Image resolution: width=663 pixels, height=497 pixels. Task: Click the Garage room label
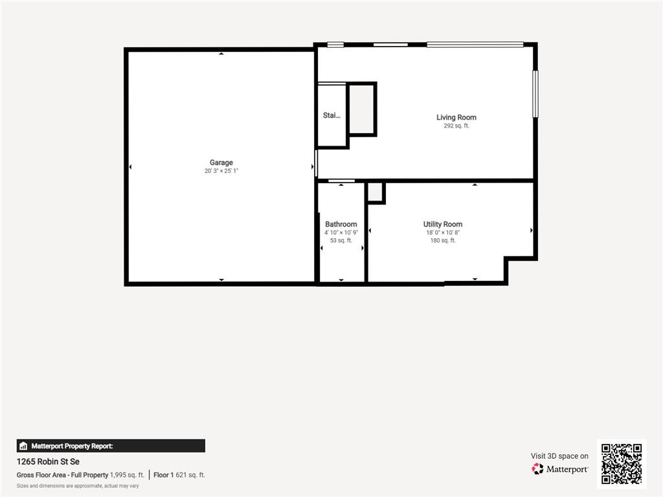(221, 162)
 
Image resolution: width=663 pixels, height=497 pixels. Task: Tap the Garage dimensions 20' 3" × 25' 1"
(221, 171)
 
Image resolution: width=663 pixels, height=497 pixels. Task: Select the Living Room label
(456, 117)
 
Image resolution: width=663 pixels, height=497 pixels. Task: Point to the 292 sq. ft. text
(456, 126)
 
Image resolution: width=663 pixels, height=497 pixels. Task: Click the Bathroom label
(341, 224)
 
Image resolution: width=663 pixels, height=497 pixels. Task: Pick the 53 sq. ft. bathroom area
(341, 240)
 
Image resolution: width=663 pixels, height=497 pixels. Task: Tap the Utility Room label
(443, 224)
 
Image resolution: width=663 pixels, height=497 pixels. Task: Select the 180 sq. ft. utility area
(443, 240)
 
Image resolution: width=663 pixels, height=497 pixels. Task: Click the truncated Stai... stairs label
(331, 115)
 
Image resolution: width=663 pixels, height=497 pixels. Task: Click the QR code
(622, 463)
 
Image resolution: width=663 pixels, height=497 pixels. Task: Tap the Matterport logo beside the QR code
(560, 469)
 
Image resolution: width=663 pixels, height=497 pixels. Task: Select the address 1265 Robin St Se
(48, 461)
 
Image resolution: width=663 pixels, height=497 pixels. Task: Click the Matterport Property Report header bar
(111, 446)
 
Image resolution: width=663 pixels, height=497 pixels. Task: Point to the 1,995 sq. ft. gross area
(127, 474)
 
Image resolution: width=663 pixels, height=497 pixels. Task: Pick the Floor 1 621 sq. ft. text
(179, 474)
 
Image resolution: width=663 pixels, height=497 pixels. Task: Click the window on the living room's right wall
(535, 94)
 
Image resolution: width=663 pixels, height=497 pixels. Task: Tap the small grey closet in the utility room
(376, 192)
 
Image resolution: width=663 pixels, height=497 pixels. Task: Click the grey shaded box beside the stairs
(361, 109)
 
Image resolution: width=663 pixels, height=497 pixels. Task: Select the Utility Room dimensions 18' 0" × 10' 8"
(443, 232)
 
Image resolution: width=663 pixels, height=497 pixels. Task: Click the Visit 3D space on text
(559, 456)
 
